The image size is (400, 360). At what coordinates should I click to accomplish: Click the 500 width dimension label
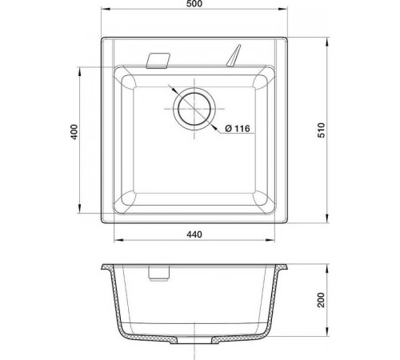[194, 4]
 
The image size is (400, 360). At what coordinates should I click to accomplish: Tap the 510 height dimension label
[322, 130]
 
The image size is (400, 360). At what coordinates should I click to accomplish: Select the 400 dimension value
[74, 132]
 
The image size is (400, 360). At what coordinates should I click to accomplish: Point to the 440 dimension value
[194, 234]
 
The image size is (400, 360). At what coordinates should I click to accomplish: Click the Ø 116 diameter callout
[238, 129]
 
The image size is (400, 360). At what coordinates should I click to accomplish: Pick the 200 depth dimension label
[322, 300]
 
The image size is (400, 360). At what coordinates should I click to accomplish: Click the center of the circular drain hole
[194, 109]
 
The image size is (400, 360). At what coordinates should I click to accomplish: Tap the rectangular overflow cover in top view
[158, 61]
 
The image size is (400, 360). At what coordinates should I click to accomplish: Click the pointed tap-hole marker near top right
[234, 55]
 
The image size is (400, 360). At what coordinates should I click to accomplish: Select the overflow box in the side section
[158, 273]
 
